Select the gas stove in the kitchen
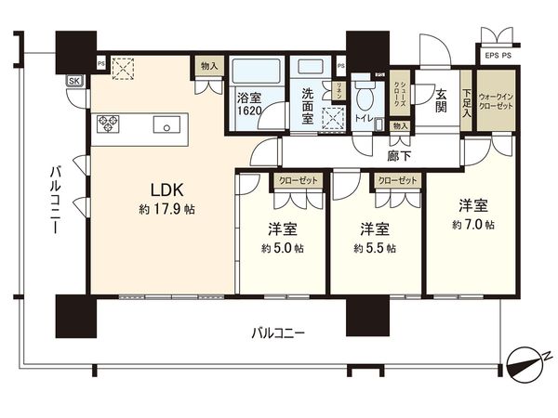[x=106, y=122]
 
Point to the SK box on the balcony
[x=73, y=81]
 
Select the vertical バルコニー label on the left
[x=56, y=200]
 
